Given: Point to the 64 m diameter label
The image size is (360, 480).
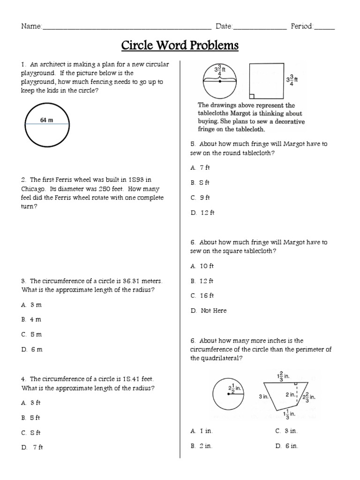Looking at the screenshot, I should point(46,120).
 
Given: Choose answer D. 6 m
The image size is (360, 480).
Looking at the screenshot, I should point(31,350).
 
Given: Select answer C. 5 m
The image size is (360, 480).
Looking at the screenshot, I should point(31,335).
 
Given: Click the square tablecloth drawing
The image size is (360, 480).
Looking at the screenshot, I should point(265,80).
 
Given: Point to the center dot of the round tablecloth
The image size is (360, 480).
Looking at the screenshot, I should point(220,81).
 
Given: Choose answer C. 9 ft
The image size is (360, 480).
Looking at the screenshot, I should point(200,198).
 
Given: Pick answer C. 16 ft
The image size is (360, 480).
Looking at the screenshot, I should point(202,295).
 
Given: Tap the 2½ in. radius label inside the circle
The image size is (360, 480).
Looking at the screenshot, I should point(234,389).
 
